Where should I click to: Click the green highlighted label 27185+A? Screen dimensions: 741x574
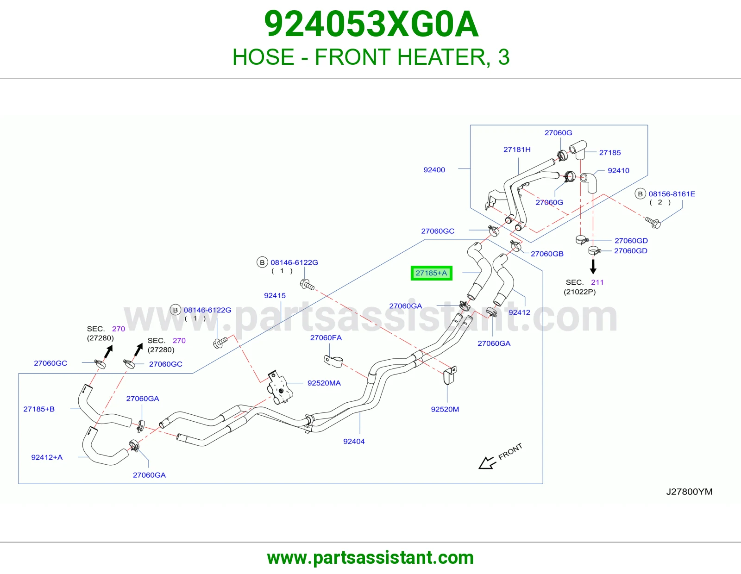(x=431, y=273)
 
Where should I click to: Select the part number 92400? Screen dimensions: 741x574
(x=434, y=170)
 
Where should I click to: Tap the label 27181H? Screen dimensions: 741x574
(x=517, y=150)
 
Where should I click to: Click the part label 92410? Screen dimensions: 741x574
(x=618, y=170)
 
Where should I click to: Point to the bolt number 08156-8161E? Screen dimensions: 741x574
(x=672, y=194)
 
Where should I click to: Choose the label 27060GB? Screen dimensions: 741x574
(x=547, y=254)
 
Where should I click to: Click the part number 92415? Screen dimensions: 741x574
(x=275, y=295)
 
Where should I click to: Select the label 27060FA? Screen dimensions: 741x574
(x=326, y=337)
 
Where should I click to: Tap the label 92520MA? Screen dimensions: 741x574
(x=324, y=383)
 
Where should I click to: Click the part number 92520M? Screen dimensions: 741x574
(x=445, y=409)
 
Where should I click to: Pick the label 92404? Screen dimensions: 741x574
(x=354, y=442)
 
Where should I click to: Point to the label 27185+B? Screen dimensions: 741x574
(x=39, y=409)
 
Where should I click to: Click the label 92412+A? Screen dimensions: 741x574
(x=47, y=457)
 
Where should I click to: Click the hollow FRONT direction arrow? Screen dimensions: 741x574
(x=487, y=462)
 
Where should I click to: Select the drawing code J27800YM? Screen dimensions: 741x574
(x=689, y=492)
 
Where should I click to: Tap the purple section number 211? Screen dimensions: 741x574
(x=597, y=282)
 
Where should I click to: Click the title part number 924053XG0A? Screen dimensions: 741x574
(x=371, y=24)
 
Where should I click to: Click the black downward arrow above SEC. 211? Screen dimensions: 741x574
(x=593, y=267)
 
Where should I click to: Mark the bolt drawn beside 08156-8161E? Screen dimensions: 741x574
(x=653, y=222)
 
